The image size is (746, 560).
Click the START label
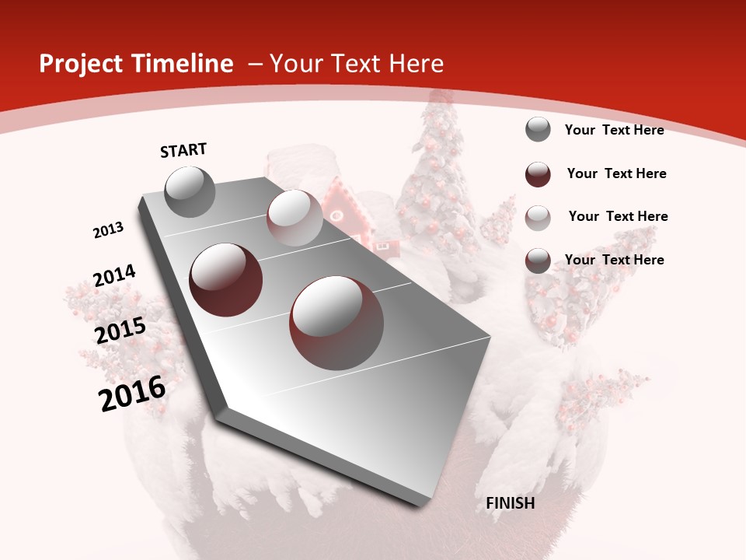point(183,150)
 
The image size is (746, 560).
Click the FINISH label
point(510,503)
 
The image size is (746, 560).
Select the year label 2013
point(108,230)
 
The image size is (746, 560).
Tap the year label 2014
point(114,276)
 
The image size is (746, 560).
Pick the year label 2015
point(120,331)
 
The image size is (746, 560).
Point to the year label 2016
point(132,394)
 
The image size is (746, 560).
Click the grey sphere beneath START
point(190,192)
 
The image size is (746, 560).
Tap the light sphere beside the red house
point(295,218)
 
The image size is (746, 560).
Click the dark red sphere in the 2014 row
point(226,279)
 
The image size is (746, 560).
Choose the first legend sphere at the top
point(538,129)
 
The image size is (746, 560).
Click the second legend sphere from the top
point(538,173)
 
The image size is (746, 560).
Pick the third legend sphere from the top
point(538,217)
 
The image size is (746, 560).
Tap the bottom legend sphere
point(538,261)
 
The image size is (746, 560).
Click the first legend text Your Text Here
point(614,130)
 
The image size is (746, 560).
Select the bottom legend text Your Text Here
point(614,260)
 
